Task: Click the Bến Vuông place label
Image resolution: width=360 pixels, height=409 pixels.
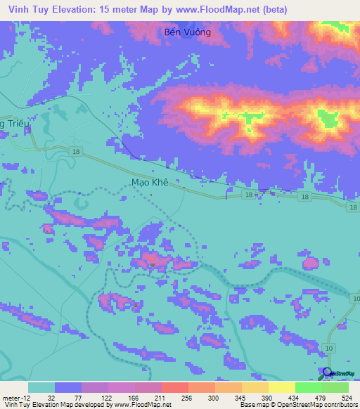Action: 187,32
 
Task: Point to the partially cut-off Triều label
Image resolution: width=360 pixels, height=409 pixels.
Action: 12,122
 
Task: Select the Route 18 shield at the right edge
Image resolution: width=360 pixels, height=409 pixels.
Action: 353,205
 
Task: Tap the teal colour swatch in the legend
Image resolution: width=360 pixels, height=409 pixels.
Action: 41,387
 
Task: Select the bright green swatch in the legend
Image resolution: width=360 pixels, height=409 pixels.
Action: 308,387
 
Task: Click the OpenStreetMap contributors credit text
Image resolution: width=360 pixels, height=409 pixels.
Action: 316,404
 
